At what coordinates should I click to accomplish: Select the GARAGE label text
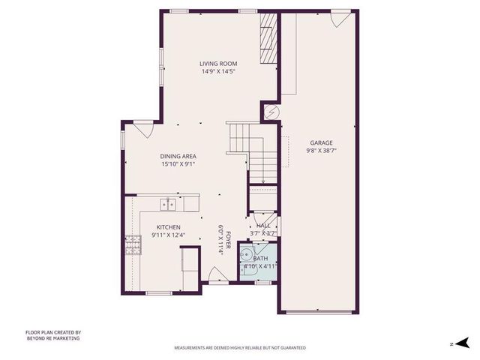[x=321, y=142]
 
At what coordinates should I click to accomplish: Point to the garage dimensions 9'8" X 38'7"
[x=321, y=151]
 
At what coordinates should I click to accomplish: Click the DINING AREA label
[x=178, y=156]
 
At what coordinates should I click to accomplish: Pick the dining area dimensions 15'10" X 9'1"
[x=178, y=164]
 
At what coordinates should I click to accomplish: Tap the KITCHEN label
[x=169, y=227]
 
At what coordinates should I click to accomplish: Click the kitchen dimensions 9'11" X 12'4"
[x=169, y=235]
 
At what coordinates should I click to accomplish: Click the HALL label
[x=263, y=226]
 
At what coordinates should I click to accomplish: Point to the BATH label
[x=259, y=258]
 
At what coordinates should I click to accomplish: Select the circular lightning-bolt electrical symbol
[x=271, y=112]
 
